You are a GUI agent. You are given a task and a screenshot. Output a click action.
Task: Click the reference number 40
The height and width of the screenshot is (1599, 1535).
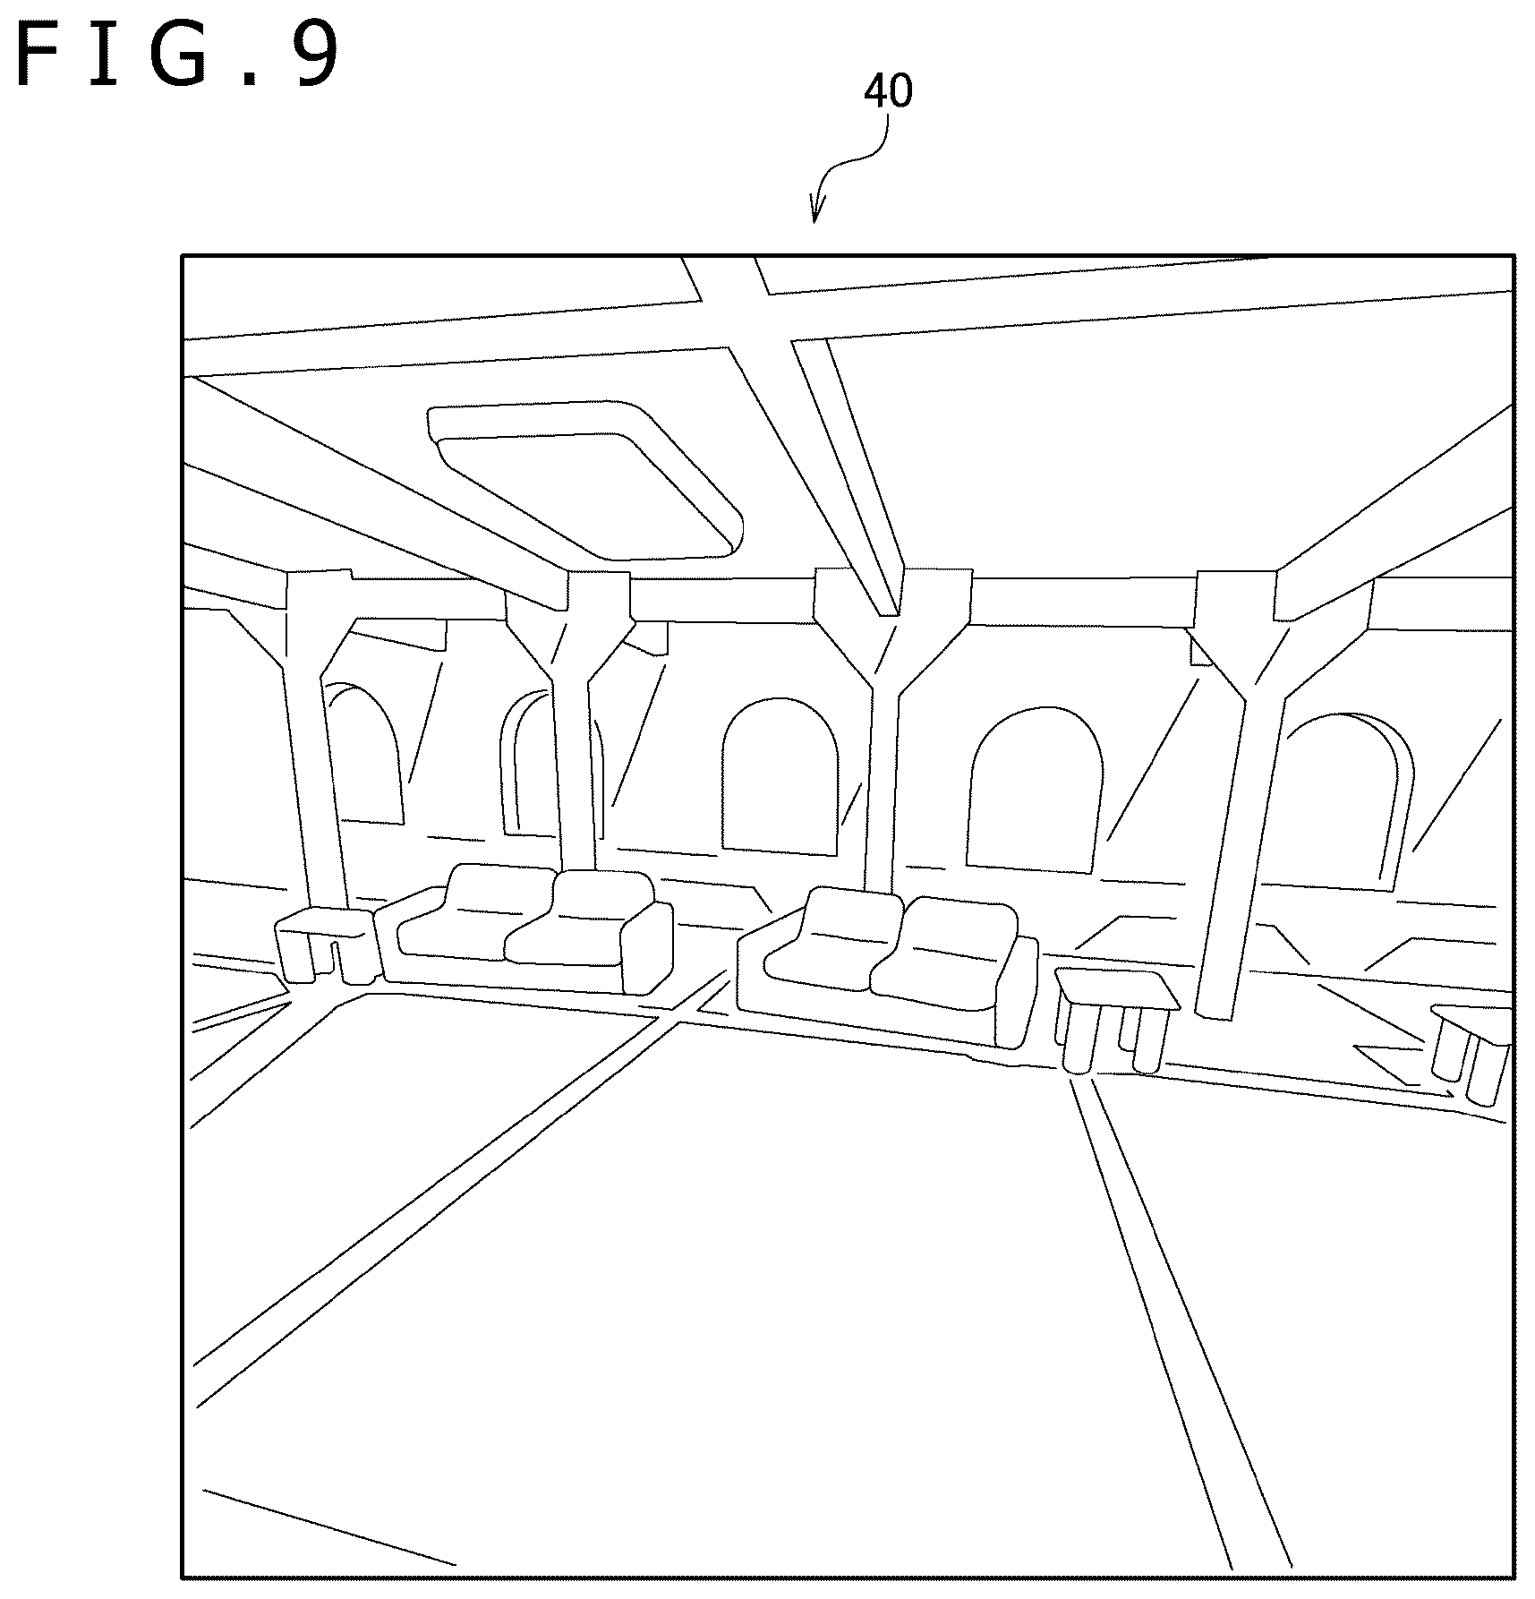pyautogui.click(x=888, y=91)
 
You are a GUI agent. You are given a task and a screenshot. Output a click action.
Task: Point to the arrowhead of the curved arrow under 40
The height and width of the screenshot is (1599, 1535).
pyautogui.click(x=815, y=211)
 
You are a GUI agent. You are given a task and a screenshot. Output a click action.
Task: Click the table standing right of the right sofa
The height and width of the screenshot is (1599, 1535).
pyautogui.click(x=1114, y=1020)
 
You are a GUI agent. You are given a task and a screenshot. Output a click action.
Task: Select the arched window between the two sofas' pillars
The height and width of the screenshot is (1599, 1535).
pyautogui.click(x=780, y=775)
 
